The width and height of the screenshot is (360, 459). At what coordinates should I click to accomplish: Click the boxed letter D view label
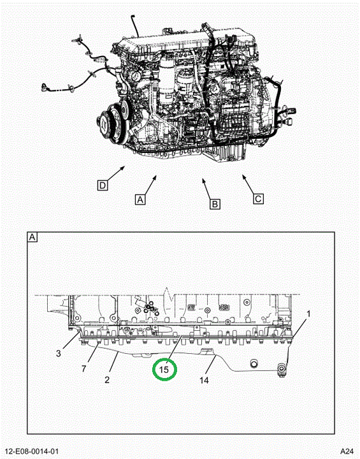pyautogui.click(x=103, y=186)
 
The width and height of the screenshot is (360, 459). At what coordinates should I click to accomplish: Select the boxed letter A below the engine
pyautogui.click(x=140, y=200)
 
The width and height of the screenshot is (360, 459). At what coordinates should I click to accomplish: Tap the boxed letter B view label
pyautogui.click(x=215, y=204)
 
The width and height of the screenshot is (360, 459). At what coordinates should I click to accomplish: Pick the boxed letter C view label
pyautogui.click(x=258, y=199)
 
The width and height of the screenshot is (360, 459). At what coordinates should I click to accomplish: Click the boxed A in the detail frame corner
pyautogui.click(x=32, y=237)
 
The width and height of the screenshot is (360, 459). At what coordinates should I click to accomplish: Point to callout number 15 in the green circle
pyautogui.click(x=164, y=370)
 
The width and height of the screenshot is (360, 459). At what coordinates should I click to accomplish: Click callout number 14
pyautogui.click(x=204, y=380)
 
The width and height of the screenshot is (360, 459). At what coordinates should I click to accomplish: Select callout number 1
pyautogui.click(x=308, y=314)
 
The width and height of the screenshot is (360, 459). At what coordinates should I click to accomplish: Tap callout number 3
pyautogui.click(x=58, y=353)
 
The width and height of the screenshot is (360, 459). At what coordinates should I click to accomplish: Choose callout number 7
pyautogui.click(x=83, y=369)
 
